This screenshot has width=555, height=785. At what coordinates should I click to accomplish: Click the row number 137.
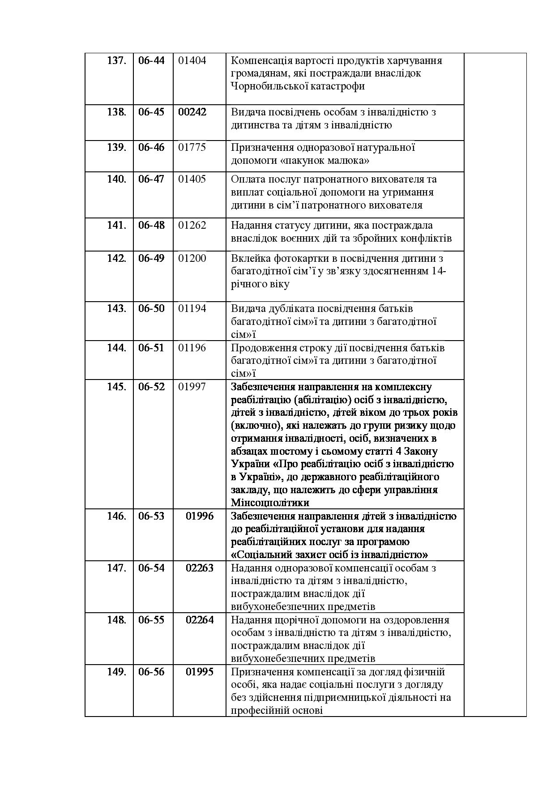tap(116, 60)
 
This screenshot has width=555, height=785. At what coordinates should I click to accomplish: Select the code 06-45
tap(151, 112)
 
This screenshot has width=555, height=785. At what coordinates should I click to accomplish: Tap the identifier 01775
tap(192, 147)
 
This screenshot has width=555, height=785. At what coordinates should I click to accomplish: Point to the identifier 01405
tap(192, 179)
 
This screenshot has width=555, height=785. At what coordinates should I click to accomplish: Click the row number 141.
tap(116, 225)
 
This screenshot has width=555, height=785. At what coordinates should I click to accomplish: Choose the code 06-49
tap(151, 258)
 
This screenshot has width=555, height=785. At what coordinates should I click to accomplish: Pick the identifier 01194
tap(192, 308)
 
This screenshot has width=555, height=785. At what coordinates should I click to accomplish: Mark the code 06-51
tap(151, 348)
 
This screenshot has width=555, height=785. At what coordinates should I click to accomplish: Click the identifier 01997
tap(192, 387)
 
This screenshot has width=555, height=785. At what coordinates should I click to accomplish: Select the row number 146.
tap(116, 516)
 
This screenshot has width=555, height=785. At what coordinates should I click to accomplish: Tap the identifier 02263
tap(200, 568)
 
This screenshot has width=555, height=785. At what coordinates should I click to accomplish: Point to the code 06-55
tap(151, 620)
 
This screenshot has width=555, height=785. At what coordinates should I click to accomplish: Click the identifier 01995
tap(200, 672)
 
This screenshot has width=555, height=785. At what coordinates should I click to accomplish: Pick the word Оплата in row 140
tap(245, 179)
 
